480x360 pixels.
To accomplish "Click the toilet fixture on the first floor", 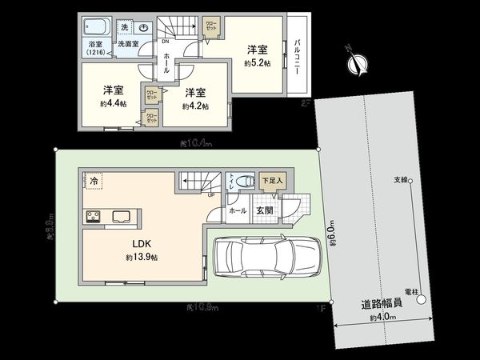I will coord(247,181).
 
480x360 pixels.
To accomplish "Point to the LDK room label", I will coord(131,245).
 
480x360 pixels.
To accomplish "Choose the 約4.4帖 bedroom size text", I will coord(112,104).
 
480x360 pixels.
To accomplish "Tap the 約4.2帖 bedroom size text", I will coord(194,106).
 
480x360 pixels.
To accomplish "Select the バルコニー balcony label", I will coord(296,57).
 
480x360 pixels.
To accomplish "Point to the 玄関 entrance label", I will coord(264,210).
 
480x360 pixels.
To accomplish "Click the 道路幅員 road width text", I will coord(382,304).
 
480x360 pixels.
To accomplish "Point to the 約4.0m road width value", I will coord(383,318).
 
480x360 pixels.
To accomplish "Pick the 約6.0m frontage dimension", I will coord(330,232).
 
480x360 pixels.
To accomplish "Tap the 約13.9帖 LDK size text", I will coord(141,258).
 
